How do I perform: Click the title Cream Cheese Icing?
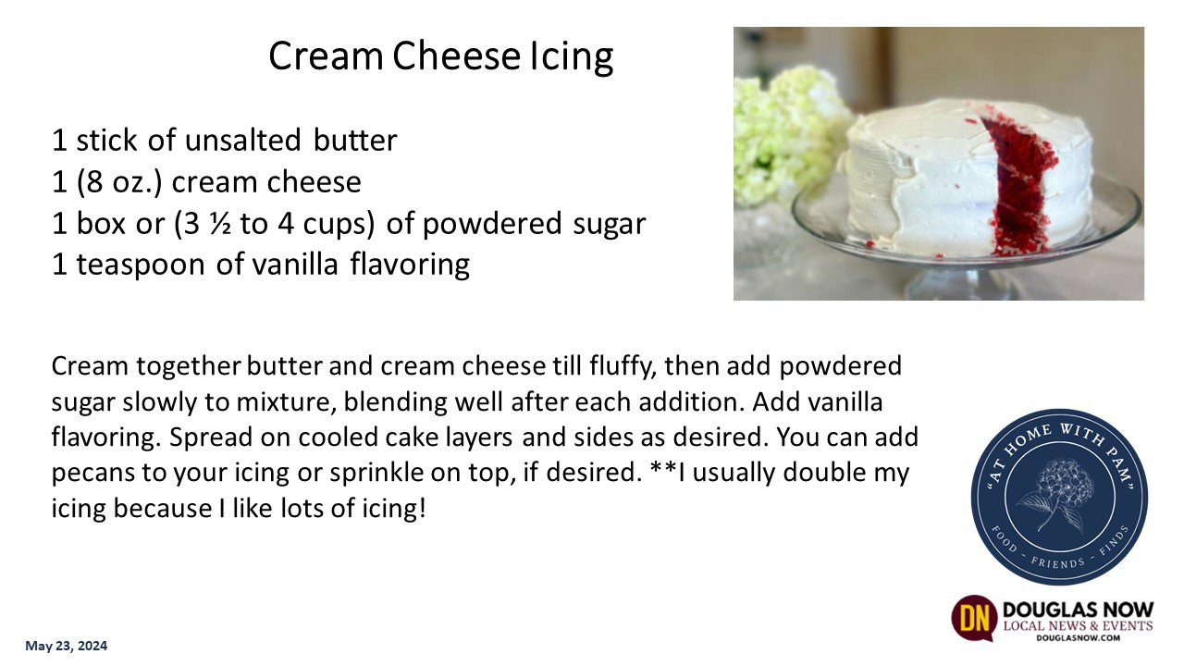(441, 56)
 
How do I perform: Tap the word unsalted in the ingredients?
(242, 140)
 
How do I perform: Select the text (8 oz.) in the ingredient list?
(120, 182)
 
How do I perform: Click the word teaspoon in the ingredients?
(141, 265)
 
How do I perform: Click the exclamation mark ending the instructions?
(422, 508)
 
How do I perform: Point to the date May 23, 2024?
(66, 646)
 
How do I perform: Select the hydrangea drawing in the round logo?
(1059, 495)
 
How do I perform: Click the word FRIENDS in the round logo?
(1057, 561)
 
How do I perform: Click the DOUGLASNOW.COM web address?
(1078, 638)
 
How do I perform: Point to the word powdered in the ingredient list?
(491, 224)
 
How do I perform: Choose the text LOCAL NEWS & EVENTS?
(1079, 626)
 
